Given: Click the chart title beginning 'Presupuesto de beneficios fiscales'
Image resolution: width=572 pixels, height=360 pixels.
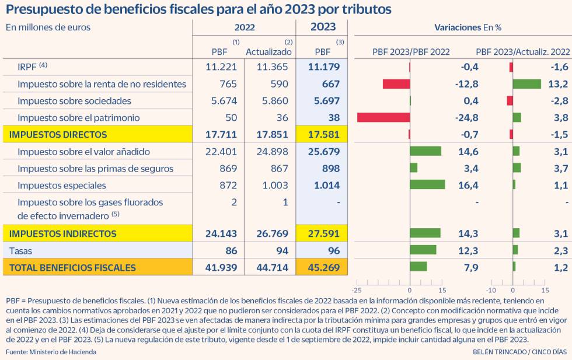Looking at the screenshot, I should coord(198,10).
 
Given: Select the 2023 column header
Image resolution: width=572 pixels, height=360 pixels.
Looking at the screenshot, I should coord(322,27).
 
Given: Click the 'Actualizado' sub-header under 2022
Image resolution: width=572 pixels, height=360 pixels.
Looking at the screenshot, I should coord(268,52).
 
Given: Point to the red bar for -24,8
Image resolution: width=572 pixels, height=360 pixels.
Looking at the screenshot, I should coord(383,118).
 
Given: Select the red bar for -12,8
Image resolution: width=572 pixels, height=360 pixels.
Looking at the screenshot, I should coord(396,84).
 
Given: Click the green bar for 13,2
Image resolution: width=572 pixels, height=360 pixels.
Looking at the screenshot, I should coord(526,84).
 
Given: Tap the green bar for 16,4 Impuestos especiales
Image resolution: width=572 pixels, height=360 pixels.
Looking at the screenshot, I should coord(427,186).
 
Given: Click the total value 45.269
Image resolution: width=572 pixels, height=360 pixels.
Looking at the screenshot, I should coord(322,268).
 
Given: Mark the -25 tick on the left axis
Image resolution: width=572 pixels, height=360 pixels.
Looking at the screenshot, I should coord(357,290).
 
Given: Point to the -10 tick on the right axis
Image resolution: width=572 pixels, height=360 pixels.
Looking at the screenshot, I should coord(491,290).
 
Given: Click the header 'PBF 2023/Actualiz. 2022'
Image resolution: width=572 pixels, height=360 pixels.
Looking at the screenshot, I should coord(522,52).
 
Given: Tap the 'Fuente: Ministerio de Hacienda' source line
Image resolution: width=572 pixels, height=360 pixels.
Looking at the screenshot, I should coord(51,352).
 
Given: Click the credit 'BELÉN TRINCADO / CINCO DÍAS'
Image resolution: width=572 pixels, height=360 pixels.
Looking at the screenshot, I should coord(519,352).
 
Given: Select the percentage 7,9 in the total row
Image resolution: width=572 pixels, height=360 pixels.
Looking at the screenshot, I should coord(470,268).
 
